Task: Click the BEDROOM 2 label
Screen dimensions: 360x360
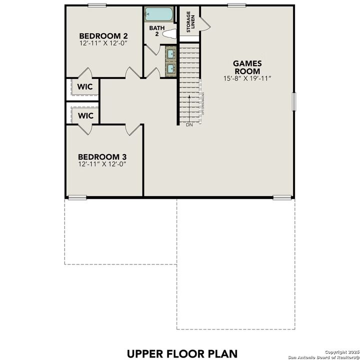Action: point(103,36)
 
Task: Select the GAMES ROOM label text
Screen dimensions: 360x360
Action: point(247,67)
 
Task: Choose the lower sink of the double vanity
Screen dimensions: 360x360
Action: point(170,67)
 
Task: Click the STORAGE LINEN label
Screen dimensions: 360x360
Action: point(190,22)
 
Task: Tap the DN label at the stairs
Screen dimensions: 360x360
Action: point(189,125)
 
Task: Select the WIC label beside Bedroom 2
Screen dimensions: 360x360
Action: point(85,86)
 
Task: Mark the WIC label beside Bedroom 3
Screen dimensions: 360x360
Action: point(85,115)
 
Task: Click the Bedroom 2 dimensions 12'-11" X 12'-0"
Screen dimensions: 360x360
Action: point(103,43)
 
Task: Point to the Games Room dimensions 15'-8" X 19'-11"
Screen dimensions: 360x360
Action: point(247,78)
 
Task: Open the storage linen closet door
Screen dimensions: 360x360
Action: point(205,23)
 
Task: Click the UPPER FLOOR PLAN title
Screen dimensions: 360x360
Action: point(182,353)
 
